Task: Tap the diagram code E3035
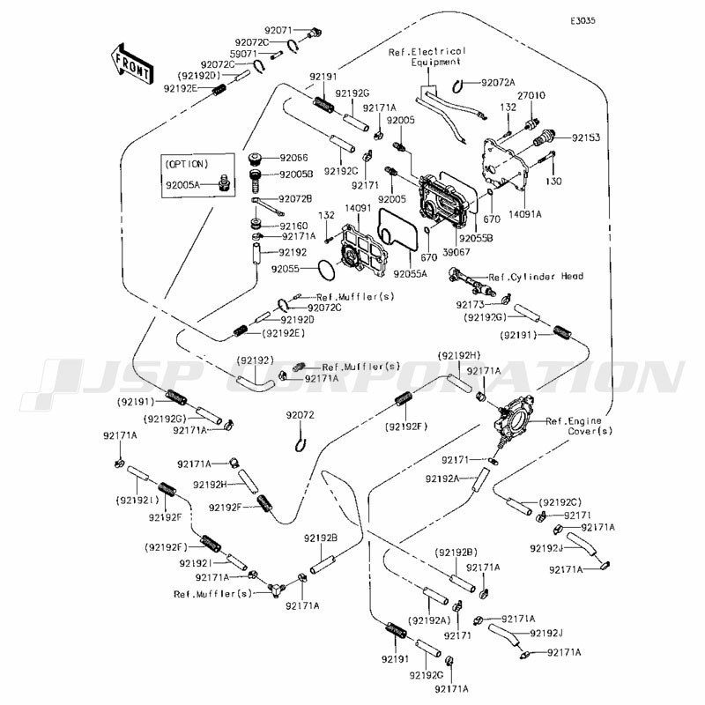583,20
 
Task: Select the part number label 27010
531,95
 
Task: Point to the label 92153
586,137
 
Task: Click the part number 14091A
525,214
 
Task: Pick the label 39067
456,252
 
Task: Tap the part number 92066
294,158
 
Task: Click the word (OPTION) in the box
187,164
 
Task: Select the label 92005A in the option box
182,184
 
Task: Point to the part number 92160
293,226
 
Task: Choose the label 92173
471,305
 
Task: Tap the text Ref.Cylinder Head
536,277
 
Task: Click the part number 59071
244,54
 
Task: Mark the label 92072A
498,83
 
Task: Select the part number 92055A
410,273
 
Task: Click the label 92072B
295,199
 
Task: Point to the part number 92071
278,31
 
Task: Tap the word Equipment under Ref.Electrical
436,63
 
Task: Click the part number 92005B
296,174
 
